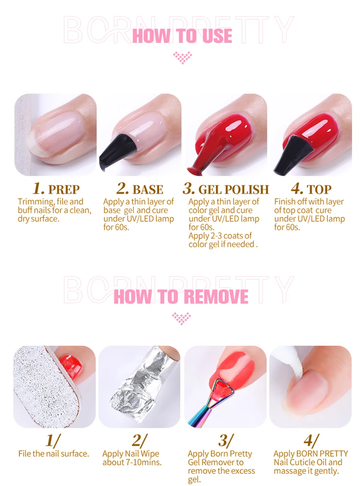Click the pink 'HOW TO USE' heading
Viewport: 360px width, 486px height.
coord(182,36)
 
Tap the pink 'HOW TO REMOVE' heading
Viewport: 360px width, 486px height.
coord(181,296)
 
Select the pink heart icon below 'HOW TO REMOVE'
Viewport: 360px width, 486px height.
coord(181,318)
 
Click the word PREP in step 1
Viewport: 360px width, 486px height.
coord(64,190)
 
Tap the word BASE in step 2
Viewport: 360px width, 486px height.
coord(148,190)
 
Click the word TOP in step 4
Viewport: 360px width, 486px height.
coord(319,190)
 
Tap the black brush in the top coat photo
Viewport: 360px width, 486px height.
coord(293,154)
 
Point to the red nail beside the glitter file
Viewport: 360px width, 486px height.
coord(70,367)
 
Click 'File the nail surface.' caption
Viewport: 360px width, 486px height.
coord(54,453)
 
